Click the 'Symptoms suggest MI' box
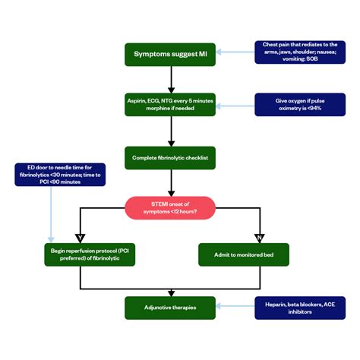pyautogui.click(x=170, y=54)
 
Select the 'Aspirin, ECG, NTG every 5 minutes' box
pyautogui.click(x=170, y=105)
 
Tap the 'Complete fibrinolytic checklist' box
pyautogui.click(x=170, y=156)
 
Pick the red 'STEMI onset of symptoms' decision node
pyautogui.click(x=170, y=207)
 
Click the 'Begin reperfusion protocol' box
pyautogui.click(x=81, y=254)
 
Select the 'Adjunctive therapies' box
pyautogui.click(x=170, y=308)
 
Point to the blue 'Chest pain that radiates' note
pyautogui.click(x=295, y=52)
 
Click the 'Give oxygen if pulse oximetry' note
pyautogui.click(x=295, y=104)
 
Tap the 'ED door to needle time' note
pyautogui.click(x=46, y=175)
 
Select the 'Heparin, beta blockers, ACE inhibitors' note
pyautogui.click(x=295, y=308)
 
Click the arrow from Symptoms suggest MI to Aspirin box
pyautogui.click(x=170, y=79)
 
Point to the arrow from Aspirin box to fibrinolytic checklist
pyautogui.click(x=170, y=131)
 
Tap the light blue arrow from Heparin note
pyautogui.click(x=235, y=308)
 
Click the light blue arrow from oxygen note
pyautogui.click(x=235, y=104)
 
